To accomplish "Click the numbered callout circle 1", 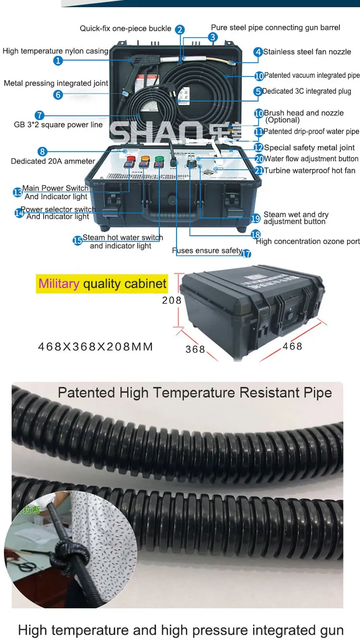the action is pos(58,61).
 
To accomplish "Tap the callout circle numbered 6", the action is pos(58,95).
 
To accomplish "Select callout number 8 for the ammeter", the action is pos(43,152).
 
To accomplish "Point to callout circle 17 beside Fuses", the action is pos(246,254).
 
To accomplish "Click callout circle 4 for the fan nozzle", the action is pos(258,52).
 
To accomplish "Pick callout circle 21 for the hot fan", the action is pos(259,170).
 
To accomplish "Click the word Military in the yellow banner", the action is pos(59,283).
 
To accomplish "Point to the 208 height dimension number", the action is pos(172,301).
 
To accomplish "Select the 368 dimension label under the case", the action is pos(195,350).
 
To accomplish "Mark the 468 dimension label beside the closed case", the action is pos(292,346).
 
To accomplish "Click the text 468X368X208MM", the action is pos(95,347).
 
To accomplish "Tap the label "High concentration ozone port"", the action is pos(308,242).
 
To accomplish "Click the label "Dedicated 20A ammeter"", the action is pos(53,161).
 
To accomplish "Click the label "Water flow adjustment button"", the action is pos(311,159).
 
